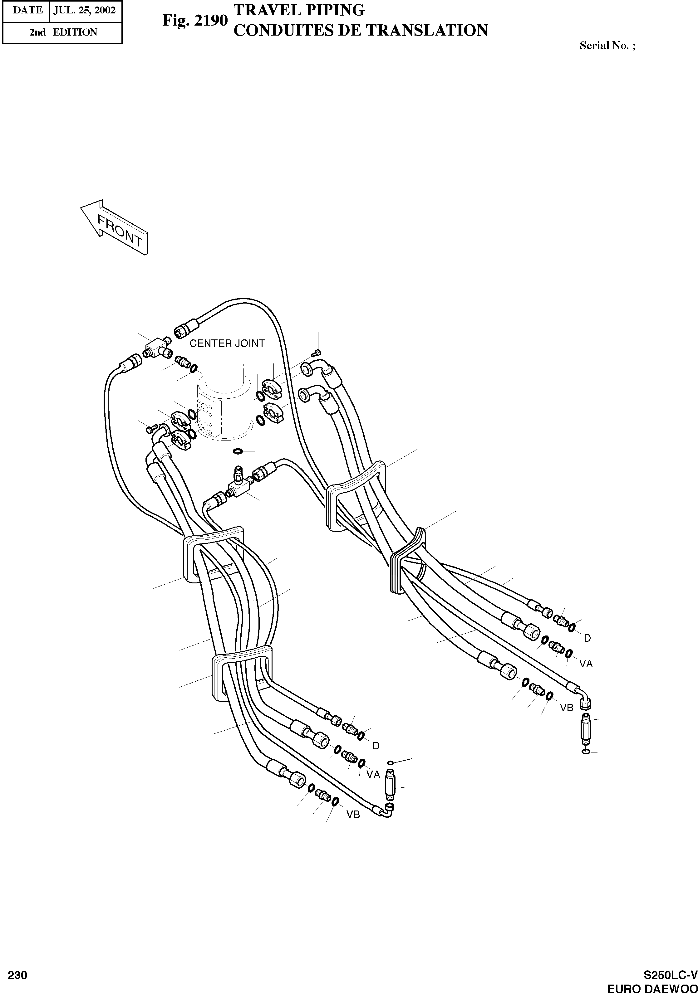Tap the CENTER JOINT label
pyautogui.click(x=227, y=343)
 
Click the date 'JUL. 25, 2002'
pyautogui.click(x=84, y=10)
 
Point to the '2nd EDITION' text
pyautogui.click(x=63, y=32)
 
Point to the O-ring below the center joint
pyautogui.click(x=238, y=451)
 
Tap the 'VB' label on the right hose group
pyautogui.click(x=567, y=708)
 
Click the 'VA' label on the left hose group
pyautogui.click(x=373, y=775)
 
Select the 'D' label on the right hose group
pyautogui.click(x=587, y=638)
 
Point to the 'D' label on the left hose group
pyautogui.click(x=376, y=746)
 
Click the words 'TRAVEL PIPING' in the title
pyautogui.click(x=299, y=9)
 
